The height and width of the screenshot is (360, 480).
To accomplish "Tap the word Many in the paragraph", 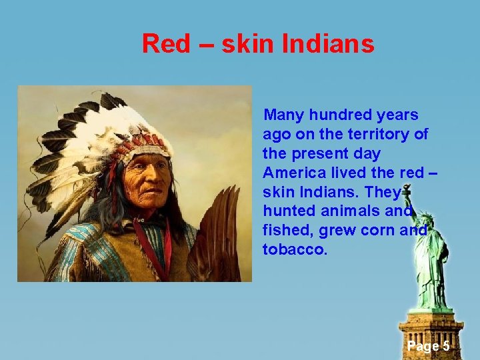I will [x=285, y=115].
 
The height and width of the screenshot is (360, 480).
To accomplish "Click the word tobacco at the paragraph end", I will [x=295, y=250].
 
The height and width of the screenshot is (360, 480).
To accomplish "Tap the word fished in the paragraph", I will [x=288, y=231].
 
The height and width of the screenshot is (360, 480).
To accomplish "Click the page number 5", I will [x=445, y=346].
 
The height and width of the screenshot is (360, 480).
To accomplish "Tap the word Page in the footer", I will [x=422, y=346].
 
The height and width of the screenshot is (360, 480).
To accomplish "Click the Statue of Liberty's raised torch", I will [x=407, y=190].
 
